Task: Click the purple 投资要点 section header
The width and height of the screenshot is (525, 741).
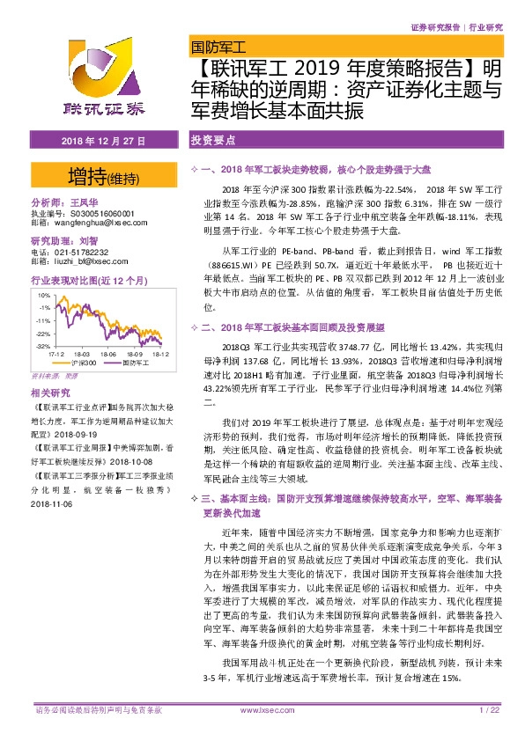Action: (x=210, y=141)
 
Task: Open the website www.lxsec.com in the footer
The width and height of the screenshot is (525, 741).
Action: (x=262, y=733)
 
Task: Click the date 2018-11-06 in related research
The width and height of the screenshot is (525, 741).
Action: (x=55, y=504)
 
